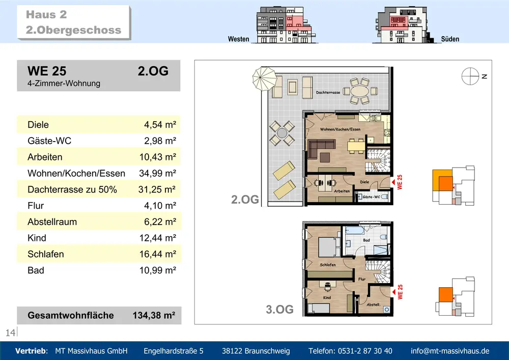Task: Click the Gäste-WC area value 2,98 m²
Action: point(160,141)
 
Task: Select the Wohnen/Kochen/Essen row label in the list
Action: point(76,173)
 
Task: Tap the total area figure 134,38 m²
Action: point(154,315)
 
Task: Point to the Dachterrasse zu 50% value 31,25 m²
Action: point(157,189)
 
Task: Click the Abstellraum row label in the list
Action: point(52,222)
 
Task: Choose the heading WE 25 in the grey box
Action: point(47,71)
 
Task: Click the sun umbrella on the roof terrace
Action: point(265,79)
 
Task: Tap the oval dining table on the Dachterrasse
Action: point(360,91)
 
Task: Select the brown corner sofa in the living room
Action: point(321,148)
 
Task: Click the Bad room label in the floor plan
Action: point(366,240)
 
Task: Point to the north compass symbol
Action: point(470,76)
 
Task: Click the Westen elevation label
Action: point(239,39)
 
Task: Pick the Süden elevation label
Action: point(450,39)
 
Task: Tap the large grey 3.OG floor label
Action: point(280,310)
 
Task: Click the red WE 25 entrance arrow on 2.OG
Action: point(392,182)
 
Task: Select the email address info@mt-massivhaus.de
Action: point(450,351)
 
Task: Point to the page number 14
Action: point(10,333)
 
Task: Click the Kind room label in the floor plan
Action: point(327,297)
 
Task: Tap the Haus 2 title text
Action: point(46,15)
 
